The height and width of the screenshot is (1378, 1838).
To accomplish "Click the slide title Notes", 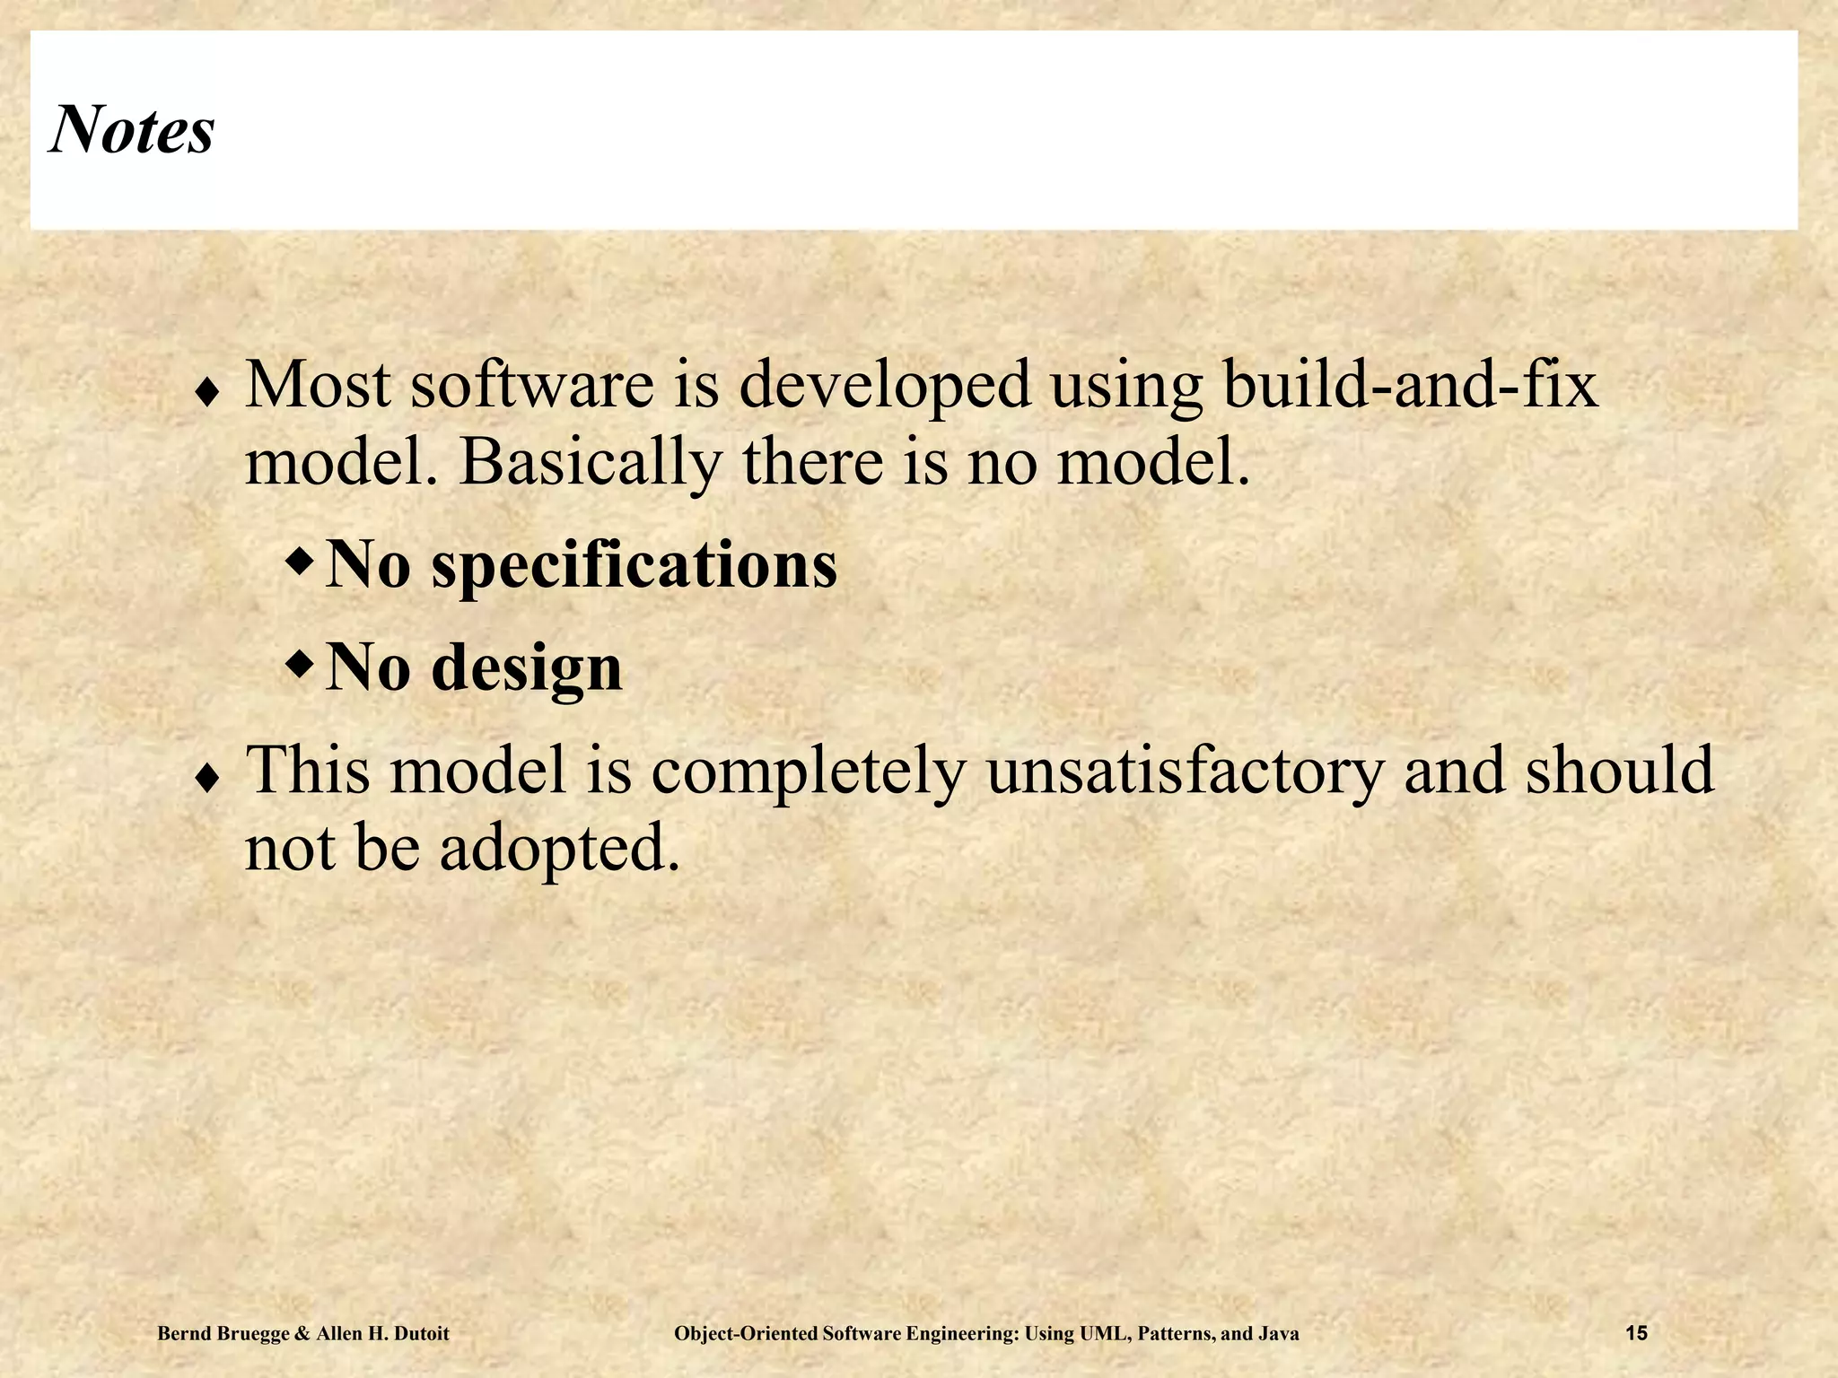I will point(132,130).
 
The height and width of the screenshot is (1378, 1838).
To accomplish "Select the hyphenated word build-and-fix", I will point(1410,385).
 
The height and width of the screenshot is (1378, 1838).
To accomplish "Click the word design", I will point(527,668).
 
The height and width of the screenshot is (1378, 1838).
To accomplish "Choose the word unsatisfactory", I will point(1185,771).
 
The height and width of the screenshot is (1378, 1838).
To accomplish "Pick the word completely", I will point(809,771).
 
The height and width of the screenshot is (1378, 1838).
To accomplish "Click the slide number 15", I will point(1636,1334).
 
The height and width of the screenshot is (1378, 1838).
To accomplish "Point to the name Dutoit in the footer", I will point(419,1334).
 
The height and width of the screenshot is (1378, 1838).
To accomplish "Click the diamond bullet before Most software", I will point(207,394).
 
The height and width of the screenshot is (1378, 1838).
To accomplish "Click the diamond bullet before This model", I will point(207,780).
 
